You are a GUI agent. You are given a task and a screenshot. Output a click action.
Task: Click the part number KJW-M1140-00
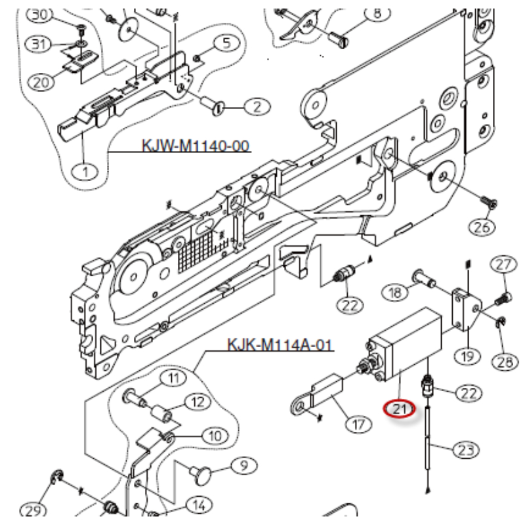(x=196, y=146)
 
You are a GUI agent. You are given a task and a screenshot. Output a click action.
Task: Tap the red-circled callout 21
(x=400, y=409)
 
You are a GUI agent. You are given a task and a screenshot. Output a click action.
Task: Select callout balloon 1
(x=85, y=172)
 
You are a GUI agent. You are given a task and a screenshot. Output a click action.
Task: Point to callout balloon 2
(x=257, y=107)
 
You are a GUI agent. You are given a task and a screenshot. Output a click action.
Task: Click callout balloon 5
(x=226, y=43)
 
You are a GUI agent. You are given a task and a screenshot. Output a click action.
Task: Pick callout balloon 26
(x=482, y=227)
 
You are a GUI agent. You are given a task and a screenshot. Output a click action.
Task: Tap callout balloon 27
(x=504, y=265)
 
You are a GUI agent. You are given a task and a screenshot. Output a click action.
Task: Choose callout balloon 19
(x=467, y=356)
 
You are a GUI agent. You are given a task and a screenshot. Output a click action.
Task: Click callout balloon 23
(x=467, y=450)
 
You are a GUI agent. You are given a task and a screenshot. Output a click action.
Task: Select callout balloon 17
(x=358, y=425)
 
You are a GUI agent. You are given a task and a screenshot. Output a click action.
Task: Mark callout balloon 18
(x=396, y=292)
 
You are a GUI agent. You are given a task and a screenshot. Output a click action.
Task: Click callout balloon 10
(x=215, y=436)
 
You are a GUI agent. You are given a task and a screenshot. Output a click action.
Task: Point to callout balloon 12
(x=198, y=402)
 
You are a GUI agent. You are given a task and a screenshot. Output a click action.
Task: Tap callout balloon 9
(x=244, y=465)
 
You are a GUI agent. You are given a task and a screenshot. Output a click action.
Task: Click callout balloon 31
(x=40, y=44)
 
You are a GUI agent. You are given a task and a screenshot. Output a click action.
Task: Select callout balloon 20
(x=41, y=81)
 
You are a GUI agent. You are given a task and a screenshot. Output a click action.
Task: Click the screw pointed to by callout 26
(x=489, y=202)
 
